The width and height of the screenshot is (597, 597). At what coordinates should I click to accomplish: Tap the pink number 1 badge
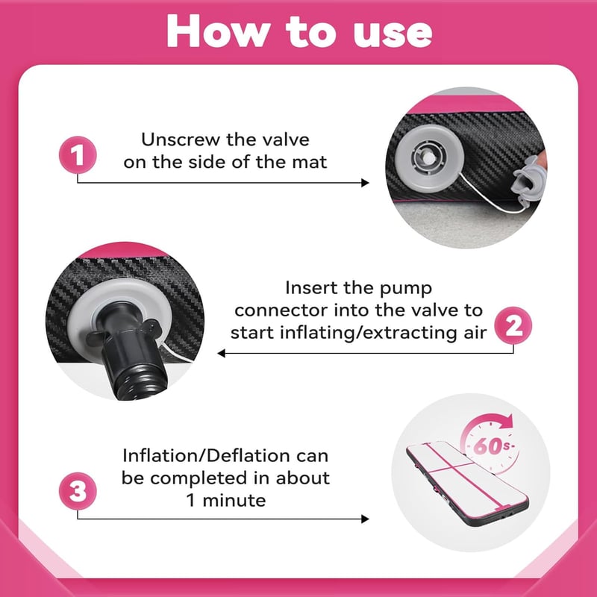(x=78, y=155)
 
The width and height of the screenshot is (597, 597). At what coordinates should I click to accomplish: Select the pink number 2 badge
(x=513, y=325)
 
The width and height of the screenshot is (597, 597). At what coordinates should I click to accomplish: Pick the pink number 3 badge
(x=78, y=491)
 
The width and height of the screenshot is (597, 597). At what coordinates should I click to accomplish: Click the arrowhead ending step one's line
(x=365, y=183)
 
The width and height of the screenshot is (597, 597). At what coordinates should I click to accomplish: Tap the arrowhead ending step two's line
(x=221, y=353)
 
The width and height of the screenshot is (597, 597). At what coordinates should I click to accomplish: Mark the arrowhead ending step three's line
(x=365, y=519)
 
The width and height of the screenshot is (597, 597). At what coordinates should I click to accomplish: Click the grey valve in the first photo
(x=429, y=158)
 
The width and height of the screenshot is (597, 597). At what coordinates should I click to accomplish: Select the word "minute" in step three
(x=234, y=500)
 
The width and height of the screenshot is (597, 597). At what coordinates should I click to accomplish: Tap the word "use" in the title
(x=393, y=34)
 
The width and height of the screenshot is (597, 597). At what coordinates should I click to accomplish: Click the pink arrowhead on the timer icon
(x=505, y=422)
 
